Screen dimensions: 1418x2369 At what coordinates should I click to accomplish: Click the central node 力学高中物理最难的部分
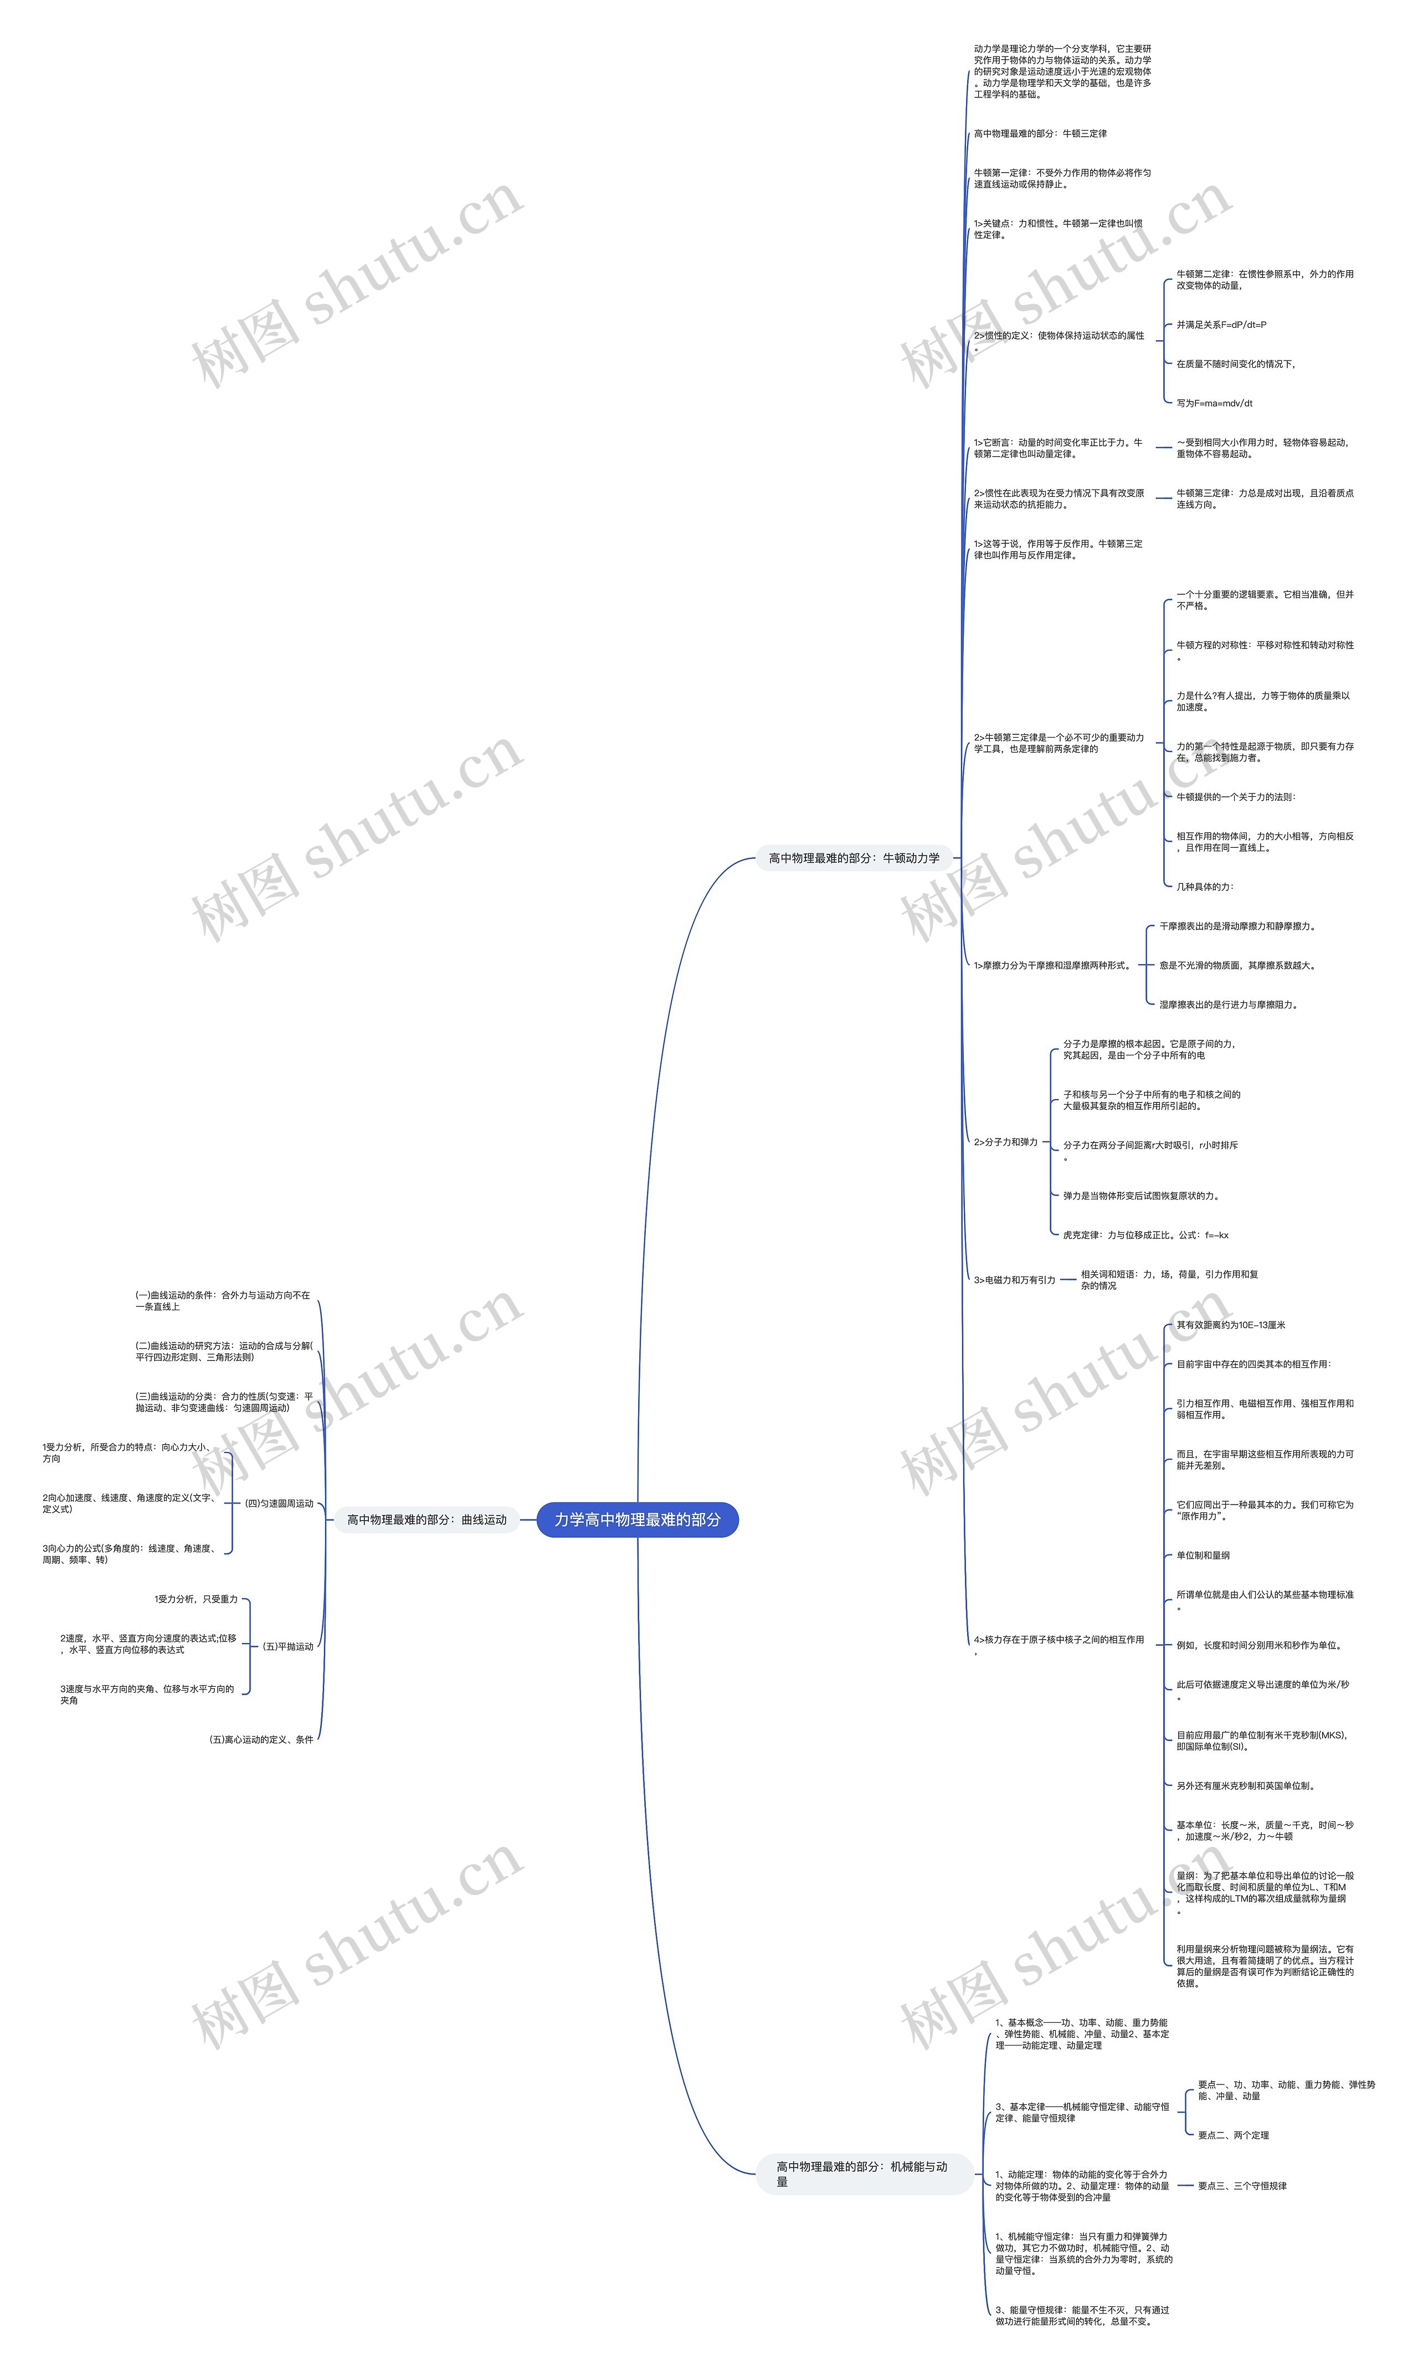[638, 1519]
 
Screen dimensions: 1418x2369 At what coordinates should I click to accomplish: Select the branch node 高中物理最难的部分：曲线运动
[426, 1519]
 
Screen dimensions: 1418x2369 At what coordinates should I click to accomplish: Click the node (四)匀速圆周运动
[279, 1502]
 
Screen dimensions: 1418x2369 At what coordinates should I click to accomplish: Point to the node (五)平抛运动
[287, 1646]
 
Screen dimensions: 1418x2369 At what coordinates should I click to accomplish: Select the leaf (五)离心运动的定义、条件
[261, 1739]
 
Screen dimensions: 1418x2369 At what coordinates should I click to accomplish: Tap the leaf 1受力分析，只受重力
[196, 1599]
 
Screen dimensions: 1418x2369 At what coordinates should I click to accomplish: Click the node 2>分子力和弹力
[1005, 1141]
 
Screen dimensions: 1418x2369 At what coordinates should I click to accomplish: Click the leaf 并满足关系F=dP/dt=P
[1221, 325]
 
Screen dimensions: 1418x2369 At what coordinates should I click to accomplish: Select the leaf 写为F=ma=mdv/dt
[1214, 403]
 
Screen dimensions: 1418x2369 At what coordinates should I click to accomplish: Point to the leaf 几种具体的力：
[1204, 887]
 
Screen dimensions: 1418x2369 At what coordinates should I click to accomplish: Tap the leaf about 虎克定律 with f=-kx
[1145, 1235]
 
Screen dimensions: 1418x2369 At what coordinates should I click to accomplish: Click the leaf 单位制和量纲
[1202, 1555]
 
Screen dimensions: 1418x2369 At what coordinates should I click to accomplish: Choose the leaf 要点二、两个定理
[1232, 2135]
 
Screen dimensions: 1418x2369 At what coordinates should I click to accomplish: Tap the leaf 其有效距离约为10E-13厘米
[1230, 1325]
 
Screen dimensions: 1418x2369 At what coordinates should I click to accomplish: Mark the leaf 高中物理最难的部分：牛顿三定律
[1040, 134]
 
